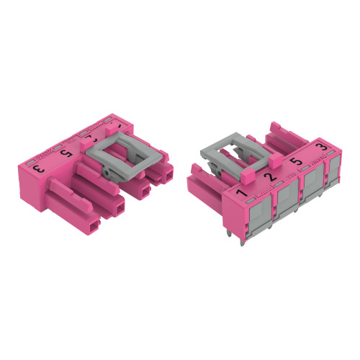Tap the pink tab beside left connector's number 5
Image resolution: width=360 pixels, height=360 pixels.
click(x=81, y=149)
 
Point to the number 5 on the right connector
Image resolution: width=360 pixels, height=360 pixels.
click(x=294, y=163)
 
